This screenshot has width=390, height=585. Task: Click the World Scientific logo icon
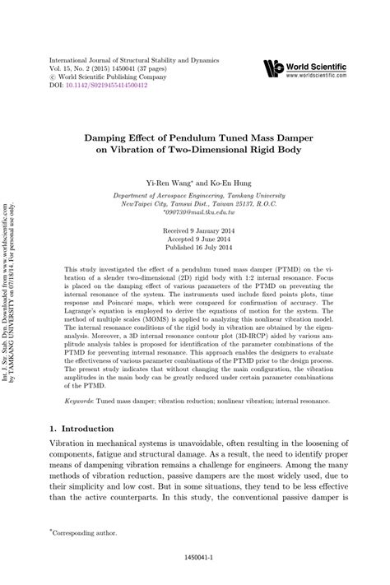tap(274, 68)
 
